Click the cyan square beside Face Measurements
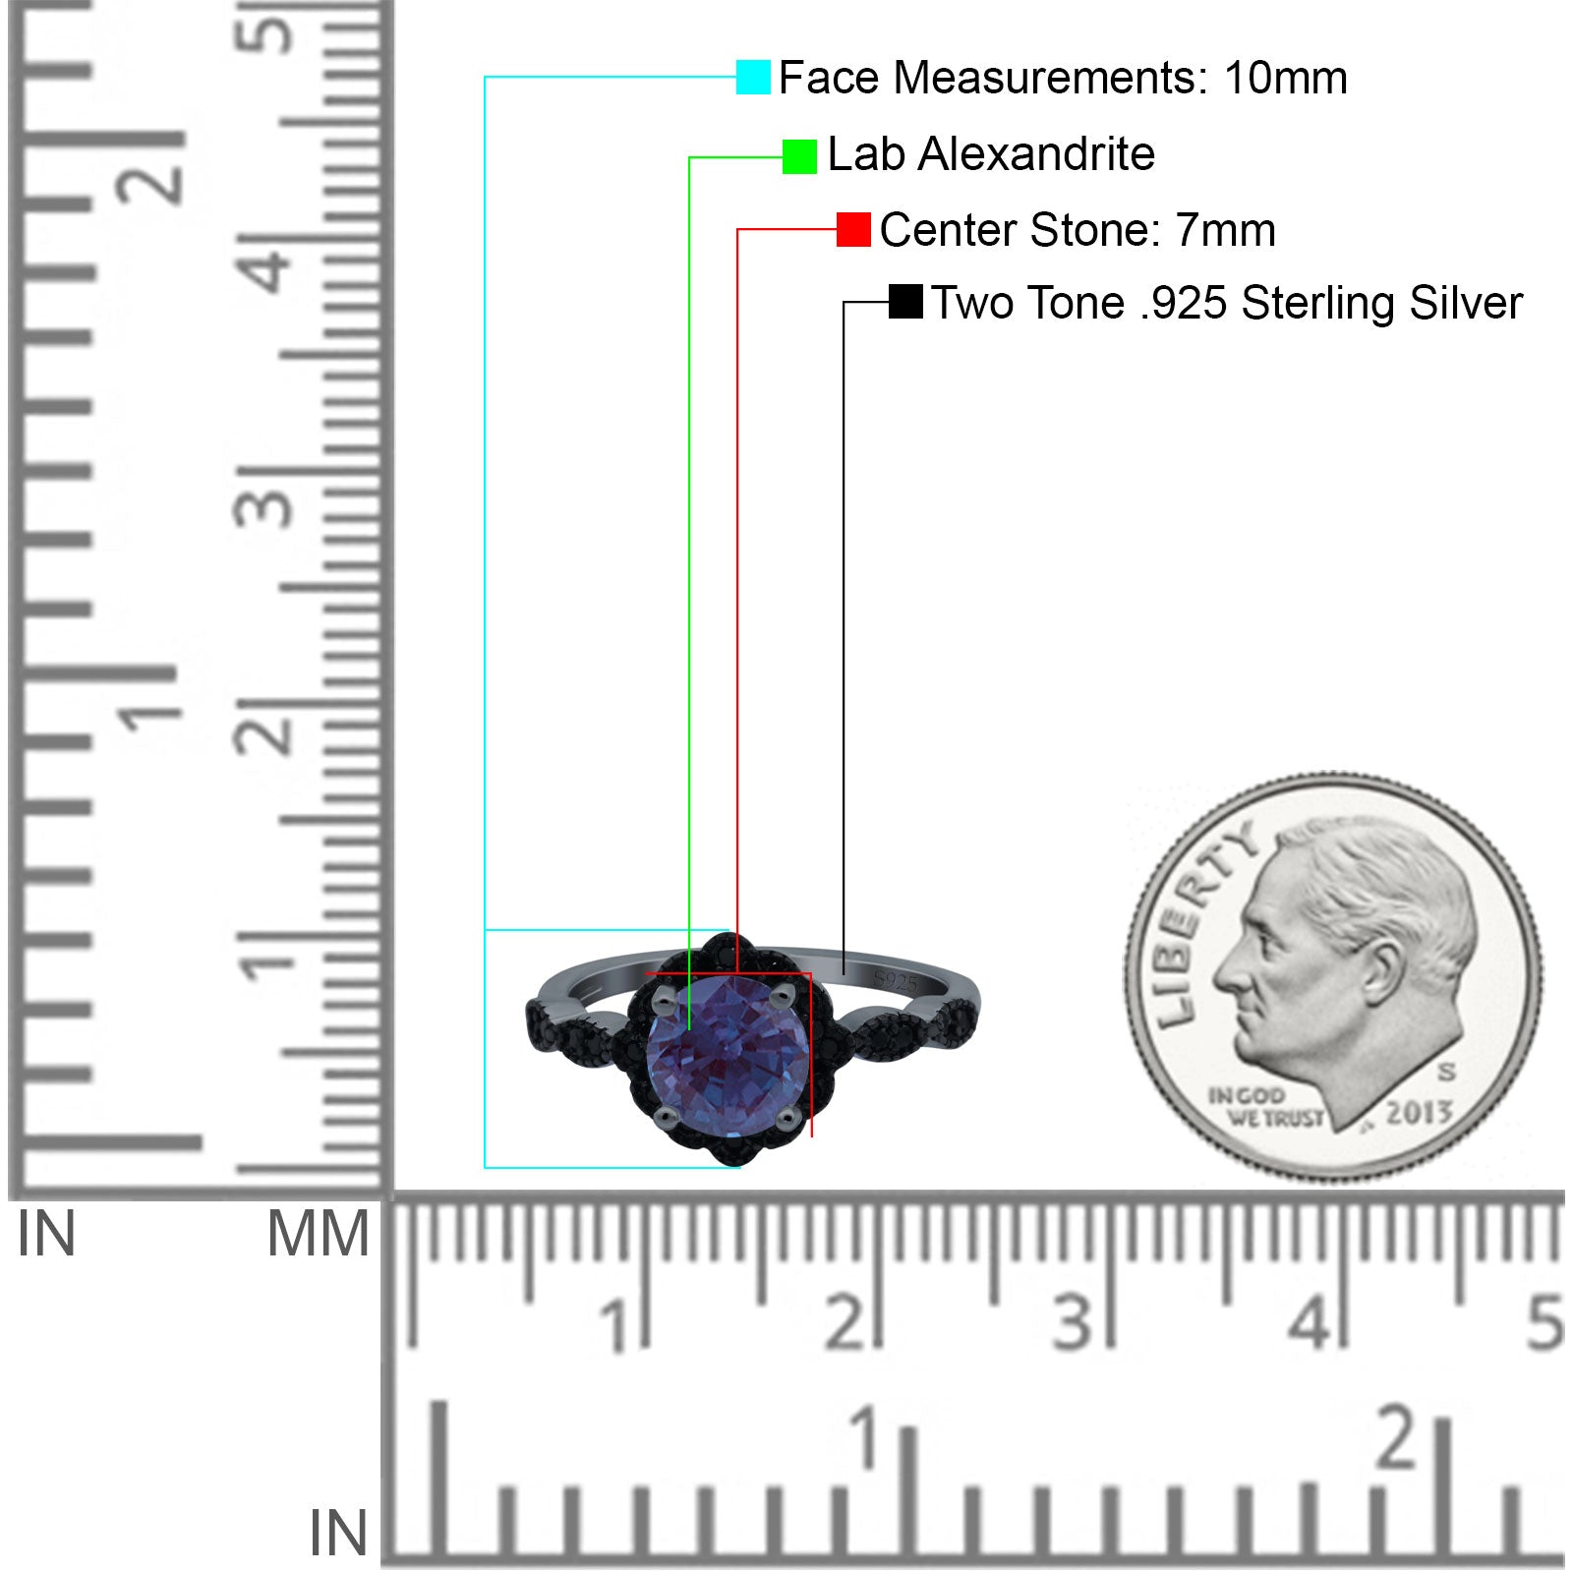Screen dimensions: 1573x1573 click(x=753, y=77)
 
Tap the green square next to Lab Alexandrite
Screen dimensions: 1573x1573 click(x=799, y=156)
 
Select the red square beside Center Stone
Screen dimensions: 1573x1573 click(x=853, y=230)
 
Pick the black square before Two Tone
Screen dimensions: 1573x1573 click(x=905, y=302)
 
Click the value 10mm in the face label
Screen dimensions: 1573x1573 click(x=1285, y=78)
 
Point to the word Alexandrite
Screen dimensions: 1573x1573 click(x=1036, y=154)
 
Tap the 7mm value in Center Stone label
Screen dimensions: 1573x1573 click(x=1226, y=231)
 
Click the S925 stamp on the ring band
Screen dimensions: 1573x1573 click(x=895, y=981)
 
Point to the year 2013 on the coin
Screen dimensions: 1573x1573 click(x=1419, y=1113)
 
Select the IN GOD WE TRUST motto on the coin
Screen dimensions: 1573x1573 click(x=1265, y=1107)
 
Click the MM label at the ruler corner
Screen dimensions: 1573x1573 click(x=318, y=1234)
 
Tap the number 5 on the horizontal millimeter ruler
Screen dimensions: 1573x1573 click(x=1544, y=1321)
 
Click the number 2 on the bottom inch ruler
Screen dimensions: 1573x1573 click(x=1397, y=1437)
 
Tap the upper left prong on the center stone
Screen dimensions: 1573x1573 click(x=663, y=1002)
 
